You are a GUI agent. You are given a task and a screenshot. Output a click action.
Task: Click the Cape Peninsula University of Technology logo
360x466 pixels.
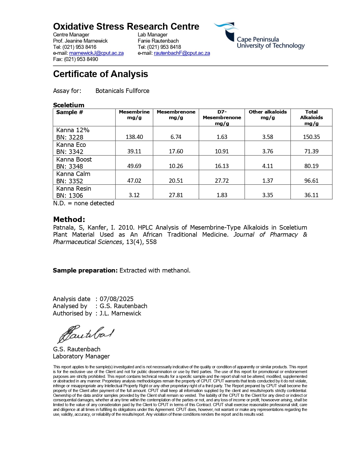pos(259,36)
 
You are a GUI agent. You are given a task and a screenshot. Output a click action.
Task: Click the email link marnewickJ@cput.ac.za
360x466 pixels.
pos(96,53)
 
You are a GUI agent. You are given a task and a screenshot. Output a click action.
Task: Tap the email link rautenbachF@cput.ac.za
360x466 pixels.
pos(182,53)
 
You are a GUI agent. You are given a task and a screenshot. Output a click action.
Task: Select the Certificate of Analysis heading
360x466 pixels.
pos(101,74)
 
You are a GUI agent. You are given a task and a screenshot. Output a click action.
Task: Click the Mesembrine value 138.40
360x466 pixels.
pos(134,137)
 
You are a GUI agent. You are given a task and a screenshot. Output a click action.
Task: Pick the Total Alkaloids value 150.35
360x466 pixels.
pos(311,137)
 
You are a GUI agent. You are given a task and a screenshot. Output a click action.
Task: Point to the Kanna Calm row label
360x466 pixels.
pos(73,174)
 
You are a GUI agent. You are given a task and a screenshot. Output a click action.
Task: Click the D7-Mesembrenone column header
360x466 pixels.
pos(222,117)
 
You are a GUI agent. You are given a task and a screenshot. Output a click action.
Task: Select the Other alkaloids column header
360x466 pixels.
pos(267,115)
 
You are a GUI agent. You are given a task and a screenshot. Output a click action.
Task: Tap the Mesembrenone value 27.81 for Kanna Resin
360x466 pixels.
pos(176,195)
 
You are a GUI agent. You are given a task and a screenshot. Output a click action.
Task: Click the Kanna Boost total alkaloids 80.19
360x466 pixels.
pos(311,166)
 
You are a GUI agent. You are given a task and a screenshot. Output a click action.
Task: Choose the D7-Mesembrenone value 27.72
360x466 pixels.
pos(222,181)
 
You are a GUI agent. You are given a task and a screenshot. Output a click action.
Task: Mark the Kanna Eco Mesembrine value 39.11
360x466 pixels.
pos(134,151)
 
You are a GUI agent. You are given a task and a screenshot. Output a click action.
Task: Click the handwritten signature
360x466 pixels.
pos(86,334)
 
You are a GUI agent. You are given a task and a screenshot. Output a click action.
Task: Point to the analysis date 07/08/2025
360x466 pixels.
pos(117,299)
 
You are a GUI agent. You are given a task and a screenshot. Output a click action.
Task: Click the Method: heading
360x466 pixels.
pos(69,219)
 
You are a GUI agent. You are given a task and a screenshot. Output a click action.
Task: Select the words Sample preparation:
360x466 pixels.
pos(85,270)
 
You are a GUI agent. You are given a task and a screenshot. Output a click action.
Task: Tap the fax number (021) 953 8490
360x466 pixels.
pos(81,59)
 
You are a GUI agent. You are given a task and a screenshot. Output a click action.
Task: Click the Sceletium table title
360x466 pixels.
pos(69,105)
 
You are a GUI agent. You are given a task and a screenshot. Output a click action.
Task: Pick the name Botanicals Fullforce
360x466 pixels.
pos(122,91)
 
